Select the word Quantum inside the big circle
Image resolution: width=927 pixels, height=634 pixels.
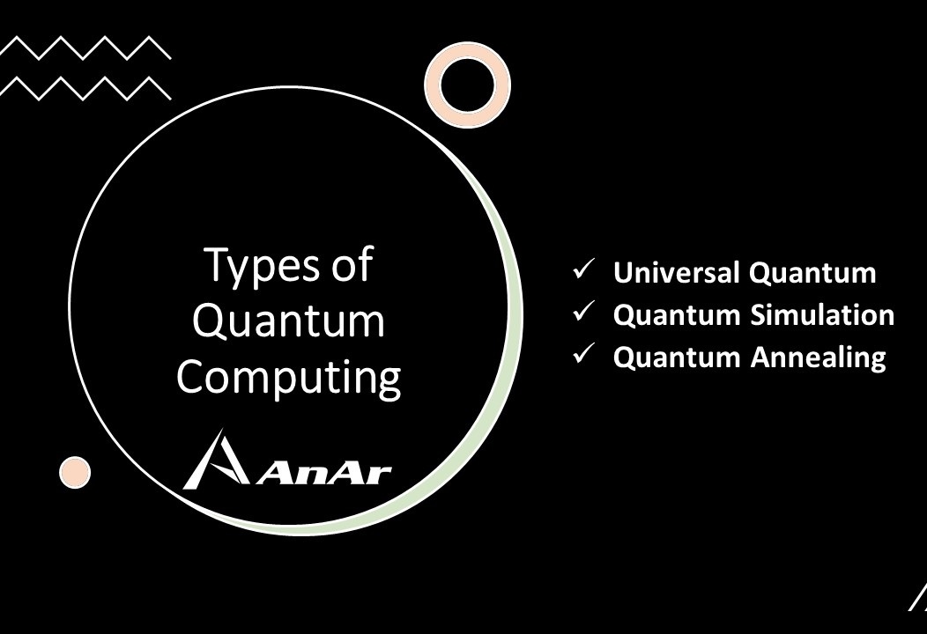289,321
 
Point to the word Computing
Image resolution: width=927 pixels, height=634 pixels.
289,378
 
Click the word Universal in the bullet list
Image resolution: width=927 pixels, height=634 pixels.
677,273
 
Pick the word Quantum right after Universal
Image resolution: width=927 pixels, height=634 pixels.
812,273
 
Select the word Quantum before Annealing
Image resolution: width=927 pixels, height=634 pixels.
677,357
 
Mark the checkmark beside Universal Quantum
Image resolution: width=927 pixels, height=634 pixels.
583,271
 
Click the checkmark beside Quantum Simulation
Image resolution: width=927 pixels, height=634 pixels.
583,313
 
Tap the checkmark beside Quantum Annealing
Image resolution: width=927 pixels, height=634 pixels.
583,355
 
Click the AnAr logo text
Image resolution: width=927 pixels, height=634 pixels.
326,473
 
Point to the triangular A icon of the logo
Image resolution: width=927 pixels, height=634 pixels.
215,460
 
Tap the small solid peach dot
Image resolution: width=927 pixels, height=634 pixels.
75,472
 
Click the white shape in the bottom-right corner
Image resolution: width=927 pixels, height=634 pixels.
918,599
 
